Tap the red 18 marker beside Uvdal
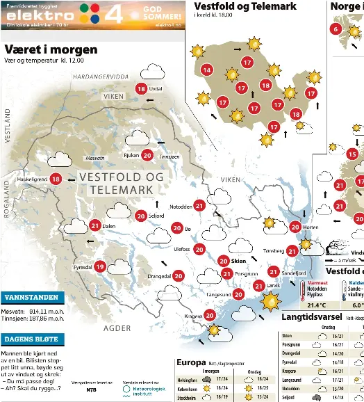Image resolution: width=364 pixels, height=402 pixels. coord(142,88)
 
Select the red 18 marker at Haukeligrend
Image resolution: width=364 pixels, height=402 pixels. coord(56,179)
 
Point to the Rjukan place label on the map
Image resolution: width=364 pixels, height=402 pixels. coord(131,156)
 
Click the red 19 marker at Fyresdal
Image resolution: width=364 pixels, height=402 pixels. coord(100,266)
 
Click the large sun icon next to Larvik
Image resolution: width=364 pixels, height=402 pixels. coord(269,301)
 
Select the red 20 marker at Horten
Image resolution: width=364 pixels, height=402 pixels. coord(295,226)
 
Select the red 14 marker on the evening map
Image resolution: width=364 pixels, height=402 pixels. coord(206,70)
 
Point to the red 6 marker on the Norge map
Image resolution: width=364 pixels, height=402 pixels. coord(336,29)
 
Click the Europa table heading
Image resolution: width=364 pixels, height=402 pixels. coord(191,362)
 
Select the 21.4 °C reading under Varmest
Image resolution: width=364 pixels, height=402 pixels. coord(317,305)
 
